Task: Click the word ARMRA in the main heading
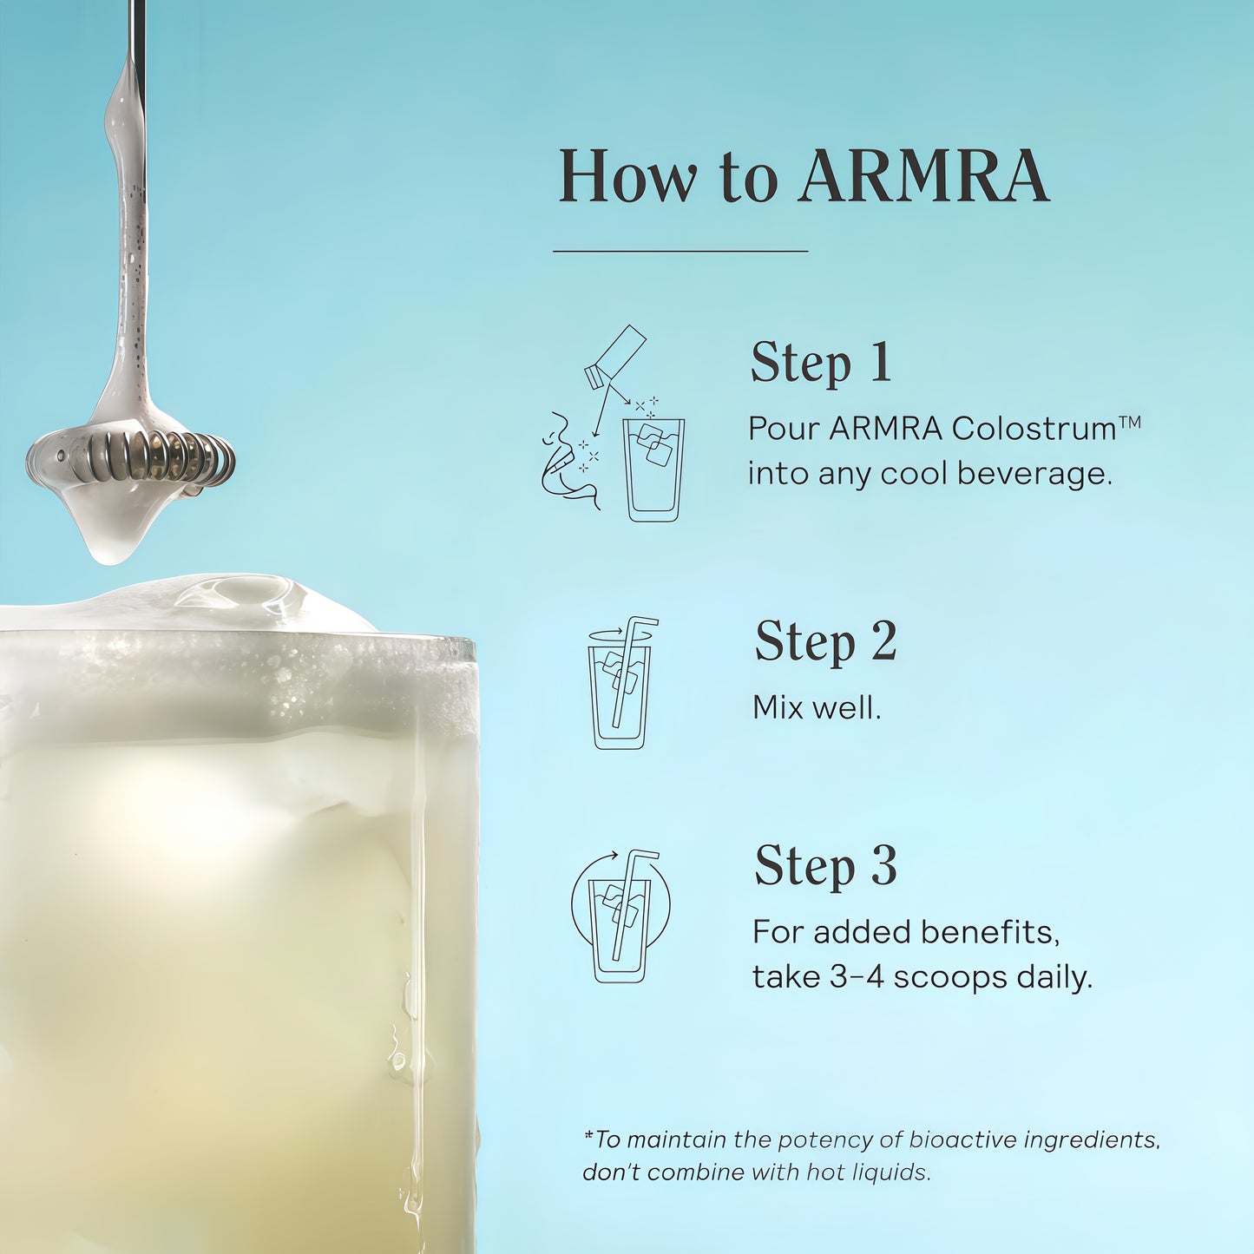click(x=924, y=177)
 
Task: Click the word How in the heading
click(x=627, y=177)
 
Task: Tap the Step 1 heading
click(x=821, y=362)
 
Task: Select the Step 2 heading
click(x=825, y=642)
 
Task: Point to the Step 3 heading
click(x=825, y=866)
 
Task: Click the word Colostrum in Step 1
click(x=1034, y=429)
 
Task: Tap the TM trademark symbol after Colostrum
click(x=1130, y=423)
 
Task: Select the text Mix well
click(x=817, y=707)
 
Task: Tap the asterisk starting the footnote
click(x=588, y=1135)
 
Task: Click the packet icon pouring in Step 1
click(x=616, y=356)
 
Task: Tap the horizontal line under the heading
click(x=680, y=252)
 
